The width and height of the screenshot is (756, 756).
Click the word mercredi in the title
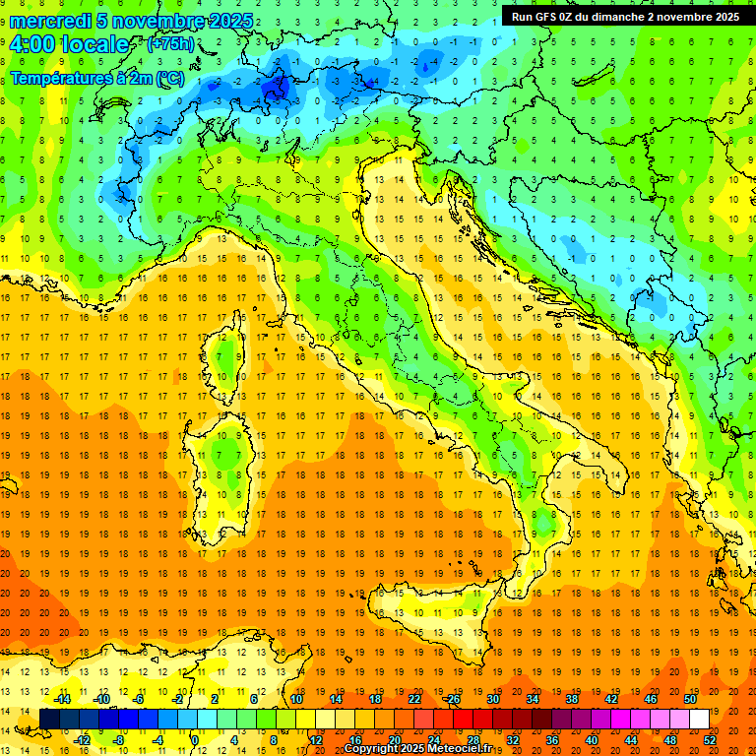(49, 21)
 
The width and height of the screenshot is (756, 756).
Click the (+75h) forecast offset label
(170, 44)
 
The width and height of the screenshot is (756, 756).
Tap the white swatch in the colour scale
(699, 720)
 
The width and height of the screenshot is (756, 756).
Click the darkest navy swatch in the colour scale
(49, 720)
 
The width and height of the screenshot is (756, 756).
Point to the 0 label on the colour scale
(194, 740)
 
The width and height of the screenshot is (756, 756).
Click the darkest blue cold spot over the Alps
(277, 90)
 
